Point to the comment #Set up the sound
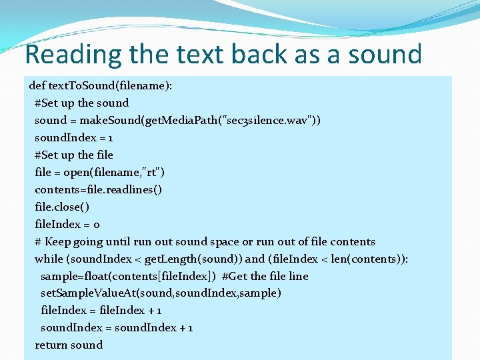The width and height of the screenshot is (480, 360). [81, 103]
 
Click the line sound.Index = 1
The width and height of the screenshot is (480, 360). [73, 138]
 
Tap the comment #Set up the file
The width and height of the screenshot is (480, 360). [74, 155]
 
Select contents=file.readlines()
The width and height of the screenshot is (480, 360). [98, 190]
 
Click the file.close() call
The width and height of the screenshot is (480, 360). [61, 207]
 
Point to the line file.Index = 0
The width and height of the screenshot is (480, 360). [67, 225]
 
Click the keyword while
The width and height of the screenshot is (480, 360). [49, 259]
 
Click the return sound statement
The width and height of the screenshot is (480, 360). [69, 345]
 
